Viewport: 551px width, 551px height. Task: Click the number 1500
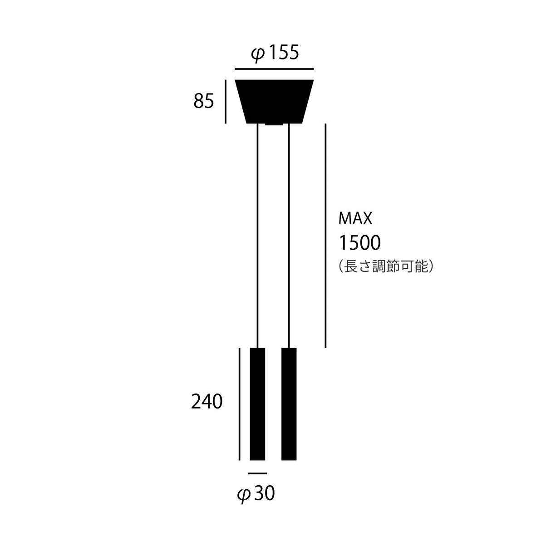click(x=359, y=243)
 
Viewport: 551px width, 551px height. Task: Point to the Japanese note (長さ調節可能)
click(x=386, y=266)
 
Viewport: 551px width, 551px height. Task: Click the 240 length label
click(x=207, y=402)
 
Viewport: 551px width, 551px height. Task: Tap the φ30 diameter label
click(x=256, y=493)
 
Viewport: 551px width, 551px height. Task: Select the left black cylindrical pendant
click(x=258, y=404)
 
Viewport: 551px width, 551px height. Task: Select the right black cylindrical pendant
click(x=289, y=404)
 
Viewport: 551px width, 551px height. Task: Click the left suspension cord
click(x=258, y=236)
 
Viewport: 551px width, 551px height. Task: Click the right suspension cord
click(x=289, y=236)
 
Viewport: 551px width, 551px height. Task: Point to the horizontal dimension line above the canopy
click(x=274, y=69)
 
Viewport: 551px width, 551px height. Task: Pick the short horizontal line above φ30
click(x=258, y=473)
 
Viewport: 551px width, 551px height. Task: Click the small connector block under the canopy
click(x=274, y=124)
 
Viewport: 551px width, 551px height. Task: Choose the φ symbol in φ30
click(x=244, y=494)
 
